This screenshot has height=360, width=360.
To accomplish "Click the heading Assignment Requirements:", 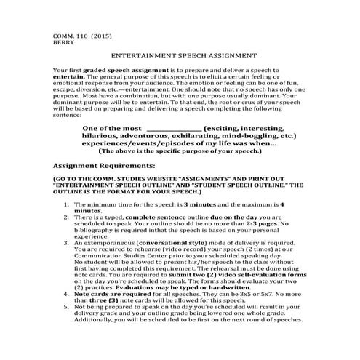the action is pos(105,165).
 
